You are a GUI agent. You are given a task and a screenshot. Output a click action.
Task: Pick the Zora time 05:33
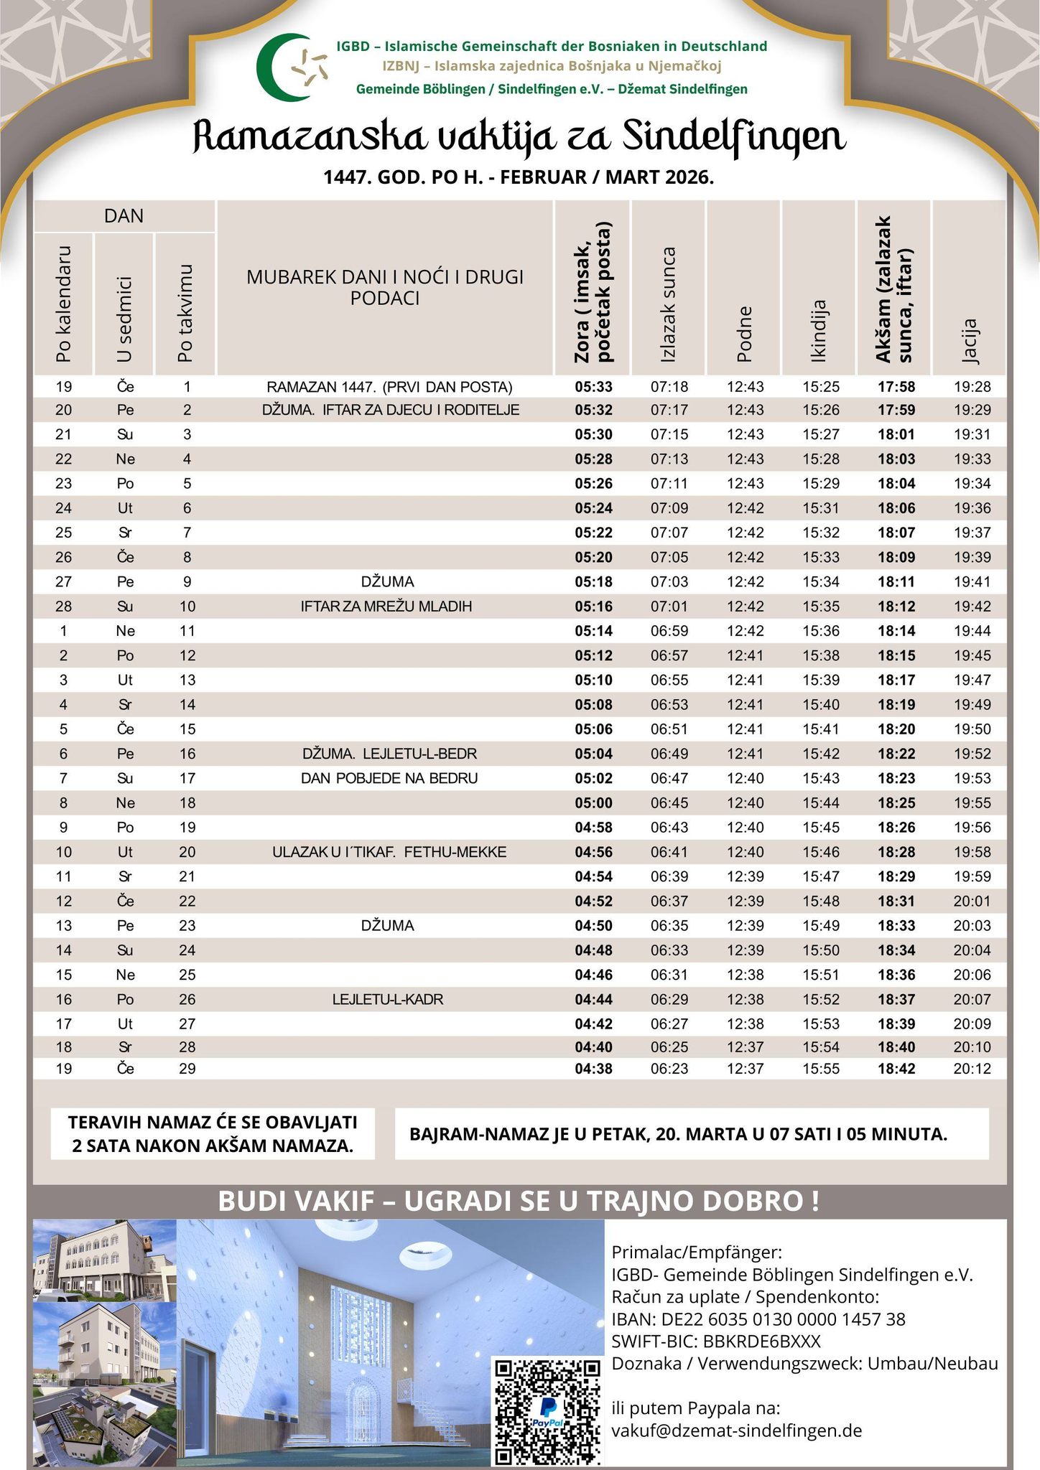click(x=593, y=387)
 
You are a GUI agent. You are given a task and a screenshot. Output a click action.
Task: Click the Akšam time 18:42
click(x=896, y=1069)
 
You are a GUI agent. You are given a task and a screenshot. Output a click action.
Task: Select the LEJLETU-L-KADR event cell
click(x=388, y=999)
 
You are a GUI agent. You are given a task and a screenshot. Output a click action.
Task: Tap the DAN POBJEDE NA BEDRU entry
click(x=389, y=778)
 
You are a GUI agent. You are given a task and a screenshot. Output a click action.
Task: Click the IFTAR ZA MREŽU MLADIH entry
click(x=386, y=607)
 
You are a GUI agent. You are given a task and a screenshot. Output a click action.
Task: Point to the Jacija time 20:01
click(x=972, y=901)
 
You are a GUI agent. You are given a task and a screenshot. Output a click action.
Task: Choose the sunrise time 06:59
click(x=669, y=631)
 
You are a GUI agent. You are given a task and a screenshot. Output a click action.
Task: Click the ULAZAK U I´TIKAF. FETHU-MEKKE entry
click(x=389, y=852)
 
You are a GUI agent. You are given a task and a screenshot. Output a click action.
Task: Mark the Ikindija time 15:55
click(x=821, y=1069)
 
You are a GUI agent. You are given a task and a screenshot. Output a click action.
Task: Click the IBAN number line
click(x=758, y=1319)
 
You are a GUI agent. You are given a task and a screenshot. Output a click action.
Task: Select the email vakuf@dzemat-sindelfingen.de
click(x=736, y=1430)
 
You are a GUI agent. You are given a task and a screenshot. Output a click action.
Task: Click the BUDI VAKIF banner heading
click(x=519, y=1202)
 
